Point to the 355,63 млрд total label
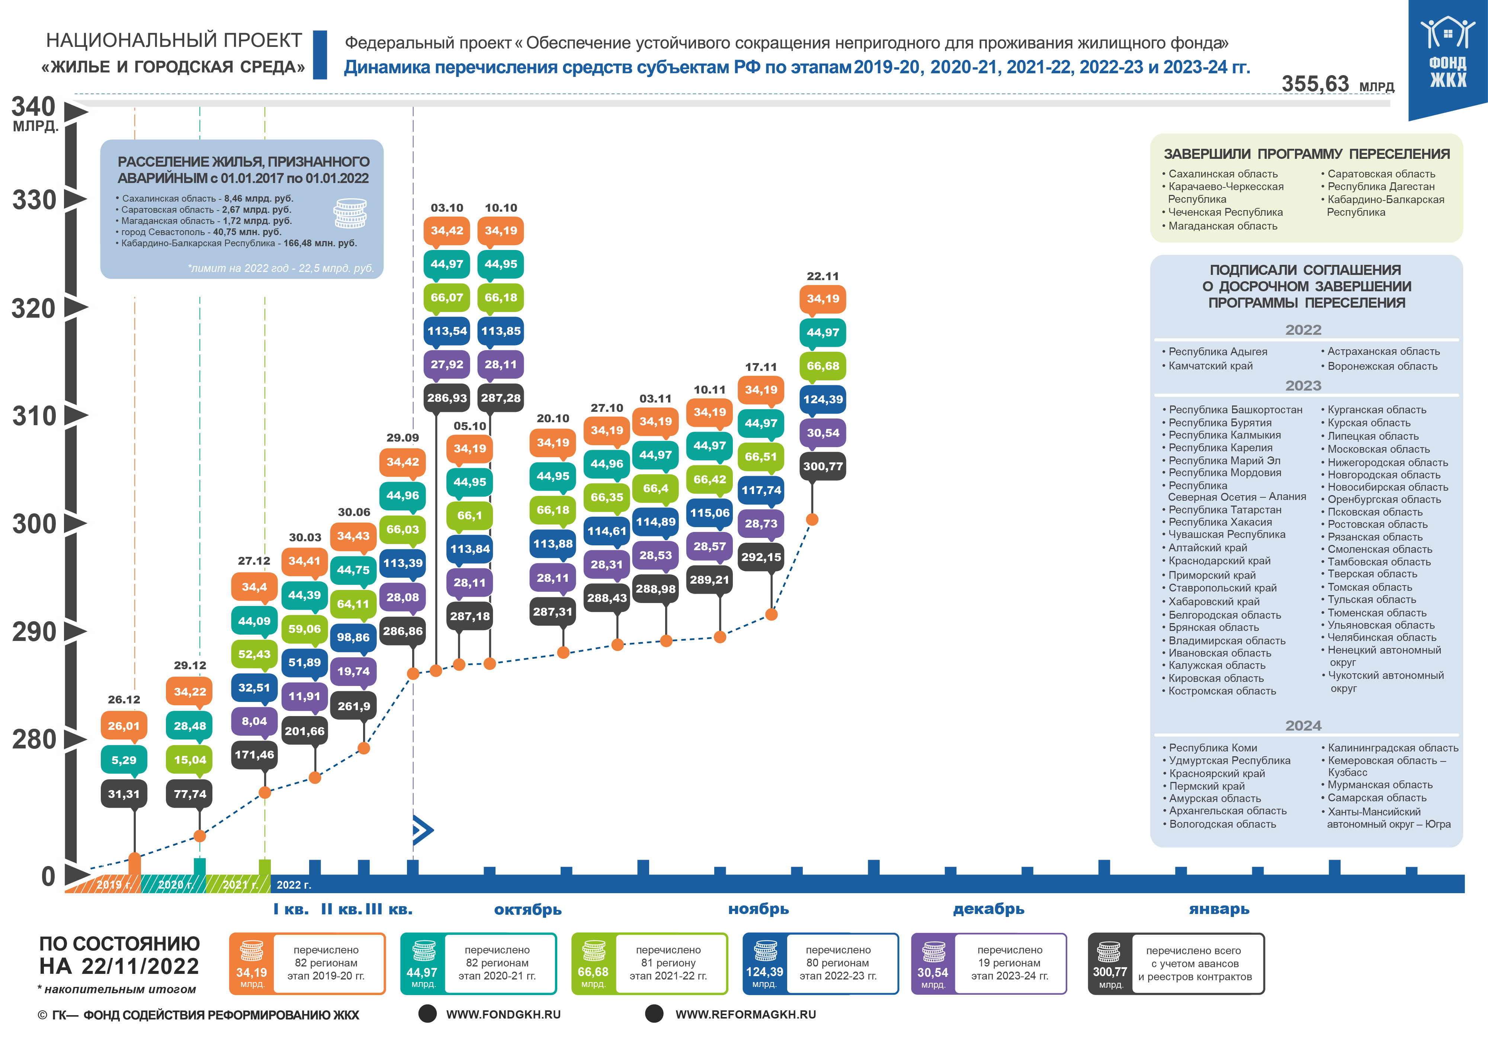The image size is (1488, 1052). click(x=1337, y=84)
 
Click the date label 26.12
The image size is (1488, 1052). click(x=124, y=699)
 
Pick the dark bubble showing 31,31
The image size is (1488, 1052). click(x=124, y=794)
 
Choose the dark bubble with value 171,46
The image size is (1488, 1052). click(x=254, y=754)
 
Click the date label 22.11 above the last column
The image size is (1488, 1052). click(x=822, y=276)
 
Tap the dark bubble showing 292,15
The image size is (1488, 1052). click(x=761, y=557)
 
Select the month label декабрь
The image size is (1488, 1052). click(x=988, y=910)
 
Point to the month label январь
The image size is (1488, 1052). click(x=1219, y=910)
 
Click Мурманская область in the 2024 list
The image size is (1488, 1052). click(x=1379, y=785)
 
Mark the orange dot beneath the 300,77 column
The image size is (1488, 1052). click(x=812, y=519)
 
